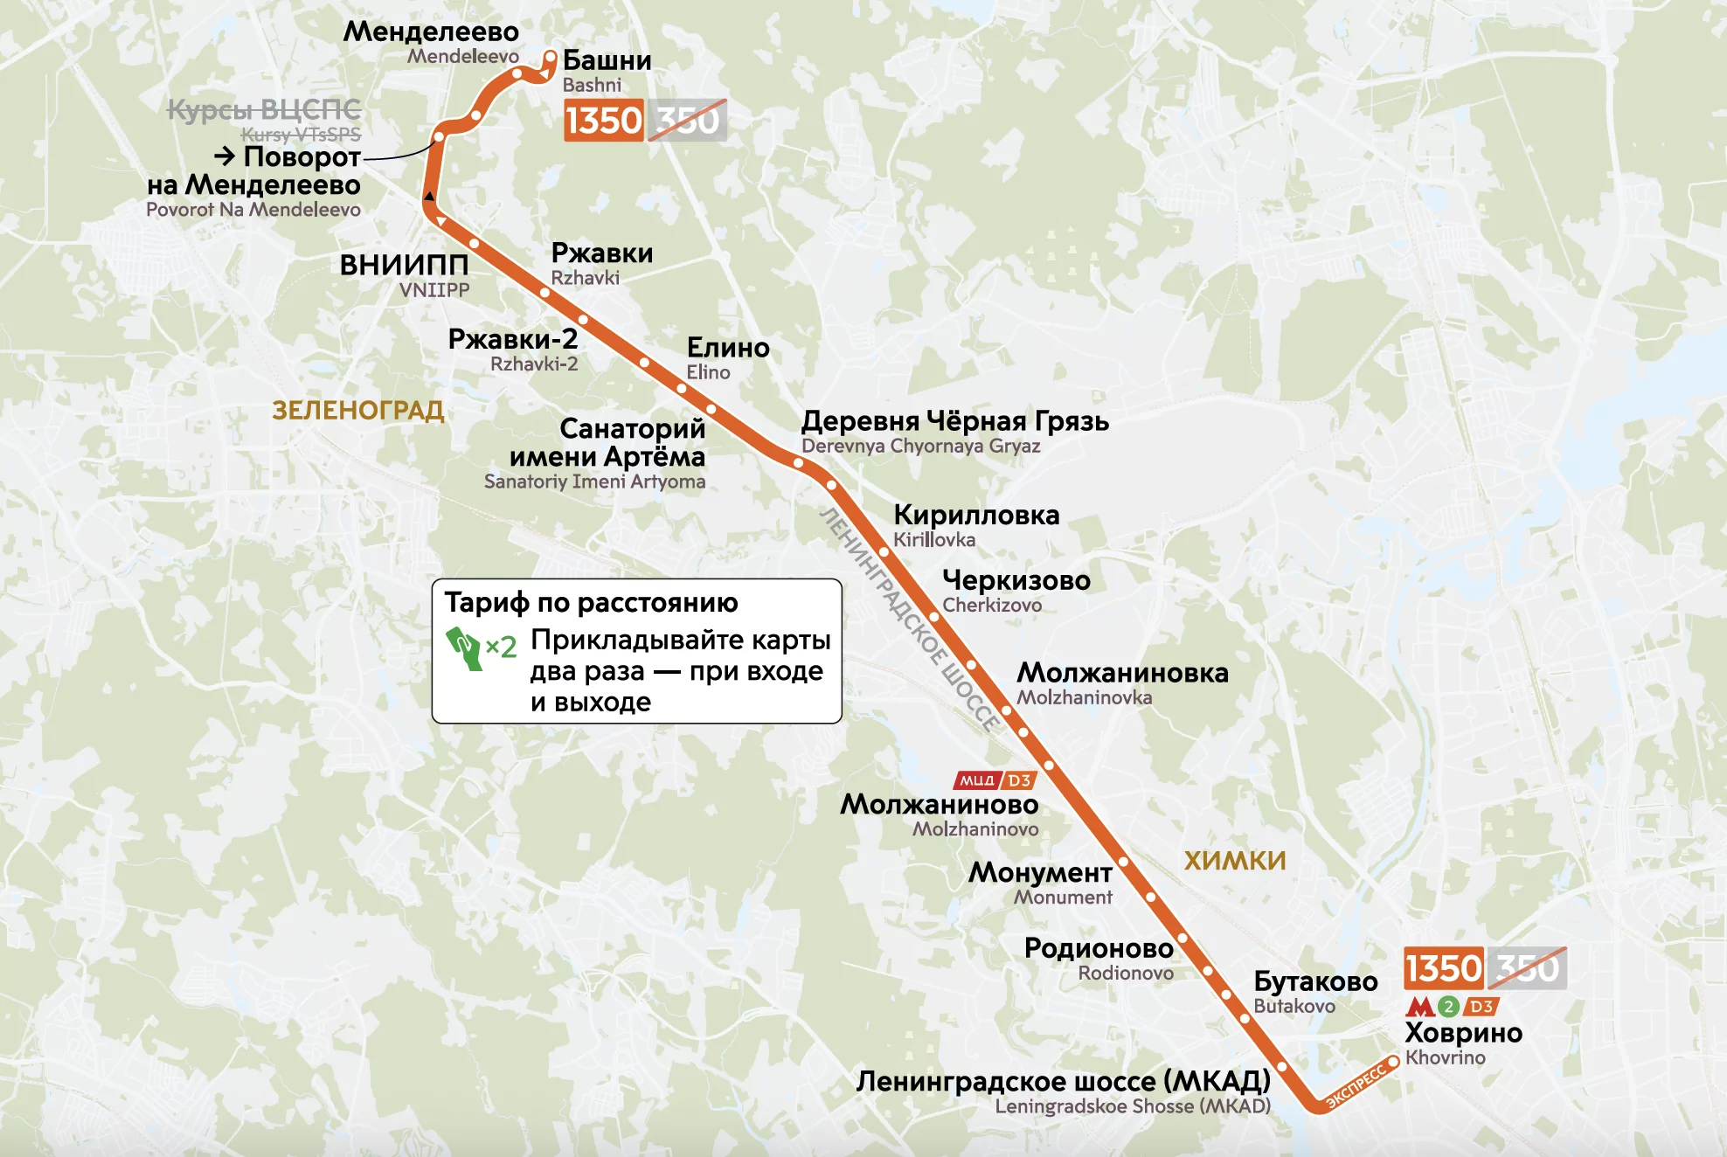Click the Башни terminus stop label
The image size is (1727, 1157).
click(607, 60)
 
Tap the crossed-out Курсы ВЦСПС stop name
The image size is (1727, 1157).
click(264, 110)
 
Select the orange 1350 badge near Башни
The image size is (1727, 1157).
click(604, 120)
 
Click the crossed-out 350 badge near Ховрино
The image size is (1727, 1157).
click(1527, 968)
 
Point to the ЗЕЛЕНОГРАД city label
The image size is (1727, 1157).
click(358, 410)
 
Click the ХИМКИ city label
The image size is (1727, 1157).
click(1234, 861)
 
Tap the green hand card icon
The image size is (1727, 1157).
click(466, 648)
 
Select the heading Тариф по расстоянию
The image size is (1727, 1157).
click(591, 602)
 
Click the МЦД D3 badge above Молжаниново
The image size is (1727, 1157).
click(995, 780)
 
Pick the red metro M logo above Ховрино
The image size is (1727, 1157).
click(1419, 1007)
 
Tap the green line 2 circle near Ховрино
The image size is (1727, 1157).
click(1448, 1007)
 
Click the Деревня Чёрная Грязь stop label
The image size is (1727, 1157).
click(954, 421)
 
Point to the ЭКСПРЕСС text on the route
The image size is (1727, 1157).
click(1356, 1086)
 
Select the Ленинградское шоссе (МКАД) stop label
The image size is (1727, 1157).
click(1063, 1082)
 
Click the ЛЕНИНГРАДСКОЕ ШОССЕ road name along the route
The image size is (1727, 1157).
click(909, 620)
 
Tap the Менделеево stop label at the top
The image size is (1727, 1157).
click(431, 31)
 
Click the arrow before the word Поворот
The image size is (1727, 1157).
click(225, 156)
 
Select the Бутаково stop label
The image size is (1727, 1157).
click(1315, 981)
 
